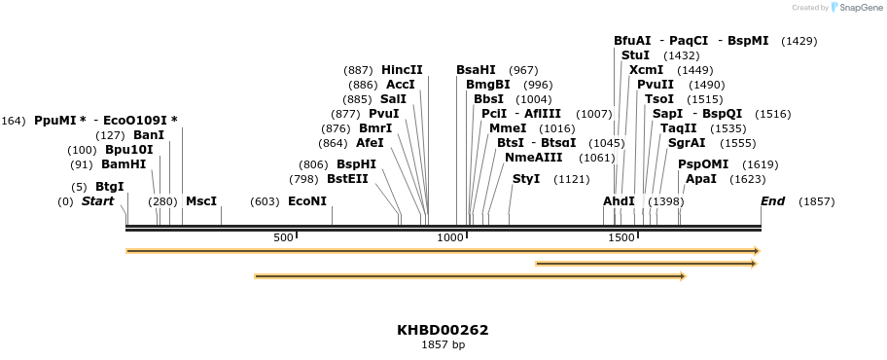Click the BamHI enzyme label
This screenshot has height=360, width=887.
(124, 164)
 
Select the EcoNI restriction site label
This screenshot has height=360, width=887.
(307, 201)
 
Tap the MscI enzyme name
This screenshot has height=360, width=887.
(201, 201)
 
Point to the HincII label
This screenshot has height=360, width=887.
(402, 70)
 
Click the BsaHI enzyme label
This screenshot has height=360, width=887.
(476, 70)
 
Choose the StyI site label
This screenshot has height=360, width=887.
(526, 179)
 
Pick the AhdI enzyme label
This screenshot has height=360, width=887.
(619, 201)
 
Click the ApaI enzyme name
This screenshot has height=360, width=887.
(700, 179)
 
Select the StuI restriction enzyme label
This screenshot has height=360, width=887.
(635, 55)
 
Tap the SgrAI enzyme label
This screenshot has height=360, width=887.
(687, 143)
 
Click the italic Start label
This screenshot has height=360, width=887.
(97, 201)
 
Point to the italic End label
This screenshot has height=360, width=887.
(773, 201)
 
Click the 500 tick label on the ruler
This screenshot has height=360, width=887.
(283, 237)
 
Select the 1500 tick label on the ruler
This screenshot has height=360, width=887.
(621, 237)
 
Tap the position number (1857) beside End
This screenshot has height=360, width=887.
(816, 201)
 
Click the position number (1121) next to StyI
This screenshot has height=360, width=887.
(572, 179)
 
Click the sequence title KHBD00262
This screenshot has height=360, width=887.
(443, 330)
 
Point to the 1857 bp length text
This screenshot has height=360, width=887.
(443, 345)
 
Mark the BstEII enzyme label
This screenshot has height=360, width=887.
(347, 179)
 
